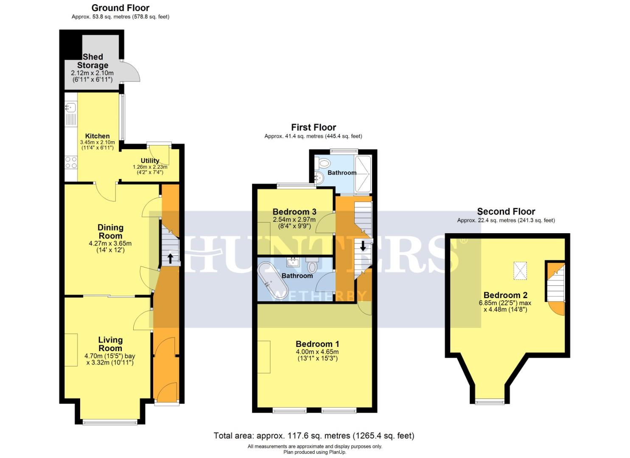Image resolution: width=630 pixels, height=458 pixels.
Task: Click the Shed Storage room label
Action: click(x=92, y=61)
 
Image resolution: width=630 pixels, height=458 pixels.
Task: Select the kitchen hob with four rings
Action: click(x=70, y=162)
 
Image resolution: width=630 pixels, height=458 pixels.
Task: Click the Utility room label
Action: click(x=150, y=161)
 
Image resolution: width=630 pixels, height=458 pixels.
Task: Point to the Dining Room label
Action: click(x=110, y=232)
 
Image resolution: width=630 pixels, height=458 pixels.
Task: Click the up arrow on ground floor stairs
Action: click(x=170, y=258)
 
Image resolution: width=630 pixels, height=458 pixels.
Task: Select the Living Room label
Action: click(x=110, y=344)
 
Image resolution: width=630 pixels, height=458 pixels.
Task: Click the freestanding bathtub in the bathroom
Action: click(x=273, y=281)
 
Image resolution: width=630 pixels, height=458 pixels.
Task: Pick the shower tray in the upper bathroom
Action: click(x=363, y=174)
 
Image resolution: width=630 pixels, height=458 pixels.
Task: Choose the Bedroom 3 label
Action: click(x=294, y=212)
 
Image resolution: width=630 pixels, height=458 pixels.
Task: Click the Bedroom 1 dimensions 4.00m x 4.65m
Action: click(x=317, y=352)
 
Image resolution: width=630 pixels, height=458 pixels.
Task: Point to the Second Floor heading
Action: click(x=506, y=211)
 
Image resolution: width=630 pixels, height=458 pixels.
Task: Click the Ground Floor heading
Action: click(x=120, y=8)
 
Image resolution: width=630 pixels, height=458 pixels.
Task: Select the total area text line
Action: click(x=314, y=436)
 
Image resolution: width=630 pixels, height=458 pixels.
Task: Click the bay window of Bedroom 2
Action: click(x=490, y=402)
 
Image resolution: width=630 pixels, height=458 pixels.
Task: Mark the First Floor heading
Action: click(x=314, y=127)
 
